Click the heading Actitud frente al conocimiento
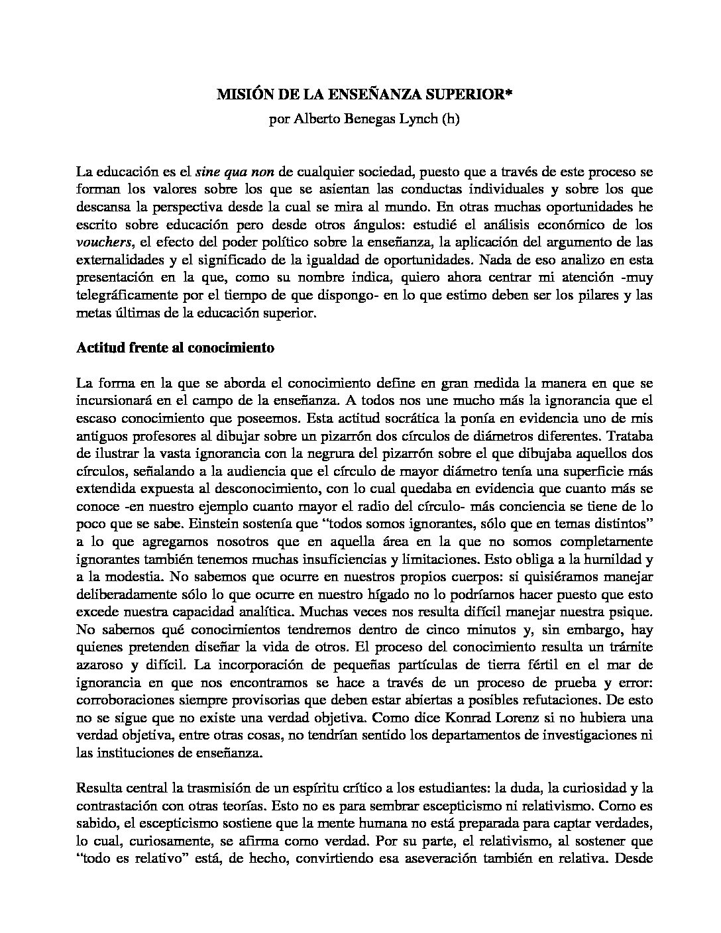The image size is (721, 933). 175,347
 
